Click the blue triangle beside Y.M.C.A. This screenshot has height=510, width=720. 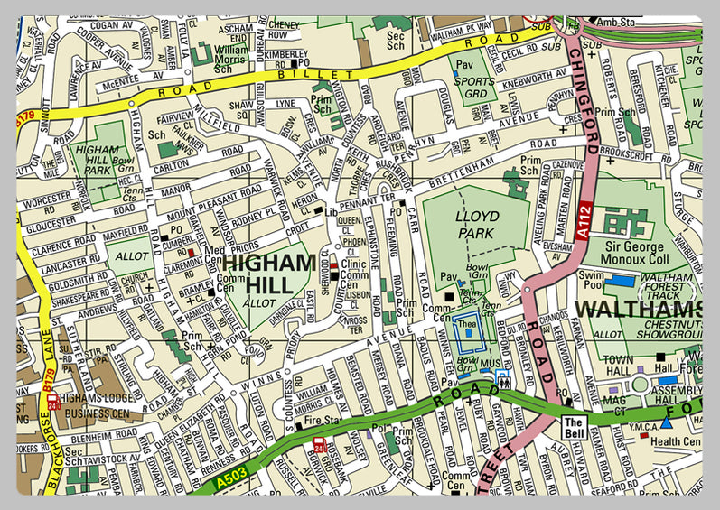point(666,422)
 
